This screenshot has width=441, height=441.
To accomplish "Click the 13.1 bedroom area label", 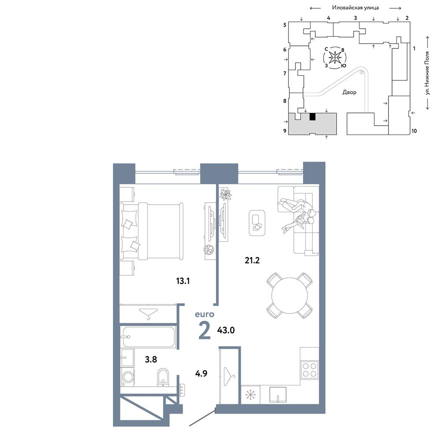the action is point(183,280).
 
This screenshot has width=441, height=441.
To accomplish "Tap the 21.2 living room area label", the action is point(252,261).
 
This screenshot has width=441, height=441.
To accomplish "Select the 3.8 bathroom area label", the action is point(151,359).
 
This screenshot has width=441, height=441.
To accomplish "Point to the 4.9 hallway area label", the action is point(201,374).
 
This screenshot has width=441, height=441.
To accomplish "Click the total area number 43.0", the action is point(226,330).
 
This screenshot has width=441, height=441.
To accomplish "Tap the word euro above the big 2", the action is point(205,314).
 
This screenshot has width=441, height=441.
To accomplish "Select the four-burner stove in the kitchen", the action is point(310,369).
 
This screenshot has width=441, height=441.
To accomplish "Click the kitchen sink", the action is point(277,395).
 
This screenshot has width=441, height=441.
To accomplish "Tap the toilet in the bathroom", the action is point(163,377).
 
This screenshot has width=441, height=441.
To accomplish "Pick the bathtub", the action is point(149,337).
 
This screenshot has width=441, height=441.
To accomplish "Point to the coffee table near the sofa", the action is point(257,223).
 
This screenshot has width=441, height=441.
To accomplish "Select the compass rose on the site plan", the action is point(335,58).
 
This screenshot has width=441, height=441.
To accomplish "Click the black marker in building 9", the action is point(313,117).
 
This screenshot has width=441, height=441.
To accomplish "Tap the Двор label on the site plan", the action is point(349,92).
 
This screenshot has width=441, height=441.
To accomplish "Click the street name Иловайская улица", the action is point(355,7).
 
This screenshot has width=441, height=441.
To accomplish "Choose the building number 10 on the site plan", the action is point(414,131).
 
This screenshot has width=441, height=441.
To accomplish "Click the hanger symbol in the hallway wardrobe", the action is point(229,376).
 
